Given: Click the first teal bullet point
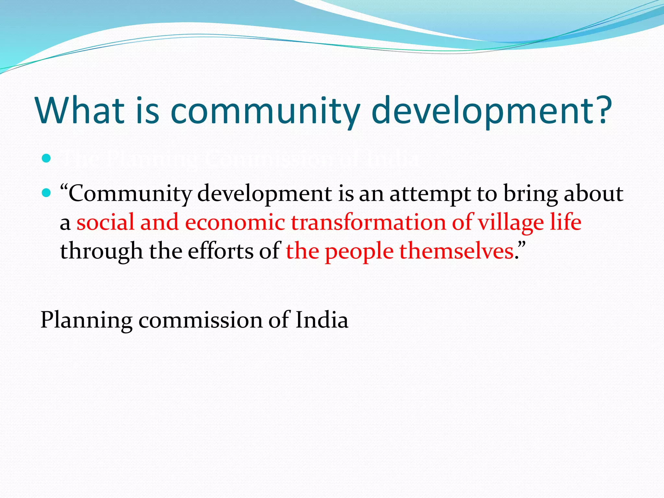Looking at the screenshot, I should (47, 159).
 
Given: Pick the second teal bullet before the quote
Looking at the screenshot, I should (47, 193).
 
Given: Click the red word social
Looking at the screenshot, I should (105, 222).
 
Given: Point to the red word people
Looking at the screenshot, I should (359, 251).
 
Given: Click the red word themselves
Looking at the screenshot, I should (456, 251).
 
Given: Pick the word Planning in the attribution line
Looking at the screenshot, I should (86, 320).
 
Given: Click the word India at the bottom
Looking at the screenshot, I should (322, 320).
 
